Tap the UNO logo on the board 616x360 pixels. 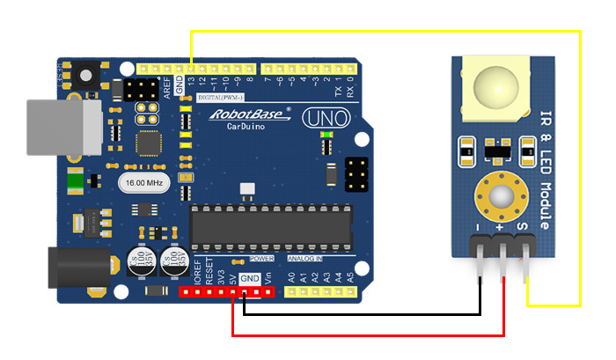click(326, 118)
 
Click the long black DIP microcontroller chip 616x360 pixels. click(274, 226)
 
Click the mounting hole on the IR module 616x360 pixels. click(502, 195)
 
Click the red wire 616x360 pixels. click(370, 334)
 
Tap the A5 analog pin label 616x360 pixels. click(350, 276)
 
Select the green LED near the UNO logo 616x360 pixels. click(326, 135)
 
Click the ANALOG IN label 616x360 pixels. click(305, 260)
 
